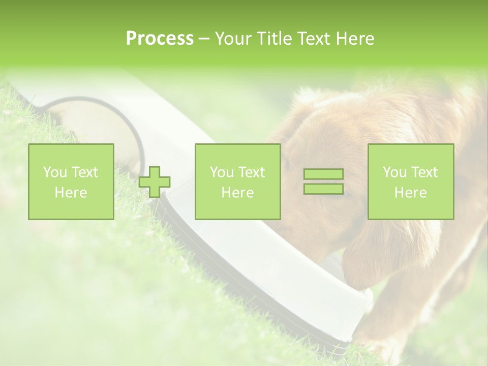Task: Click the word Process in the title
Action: (160, 39)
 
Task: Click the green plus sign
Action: (155, 182)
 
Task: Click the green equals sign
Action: (323, 181)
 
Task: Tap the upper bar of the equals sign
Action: (323, 174)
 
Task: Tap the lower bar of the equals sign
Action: (323, 189)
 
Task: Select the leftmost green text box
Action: (71, 181)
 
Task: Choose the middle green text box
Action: (238, 181)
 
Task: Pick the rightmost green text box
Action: (411, 181)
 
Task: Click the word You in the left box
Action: (55, 172)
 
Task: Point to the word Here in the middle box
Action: (238, 193)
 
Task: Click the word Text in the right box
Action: (424, 172)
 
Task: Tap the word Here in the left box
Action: (71, 193)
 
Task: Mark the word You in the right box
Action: (394, 172)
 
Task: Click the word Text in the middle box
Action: (252, 172)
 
